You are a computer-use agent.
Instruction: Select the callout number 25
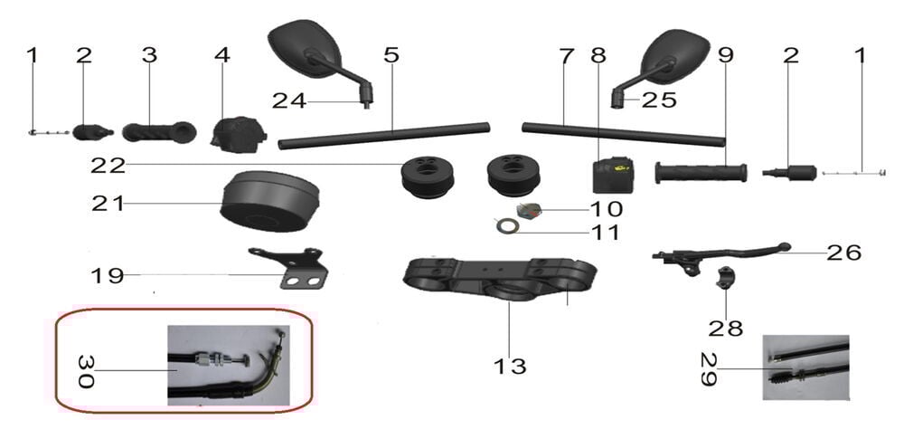[659, 100]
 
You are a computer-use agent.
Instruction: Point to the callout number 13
[510, 367]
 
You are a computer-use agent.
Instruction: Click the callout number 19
[107, 274]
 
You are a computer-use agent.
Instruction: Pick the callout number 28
[725, 328]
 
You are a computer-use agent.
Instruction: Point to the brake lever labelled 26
[723, 254]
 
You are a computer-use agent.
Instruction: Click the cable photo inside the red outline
[228, 364]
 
